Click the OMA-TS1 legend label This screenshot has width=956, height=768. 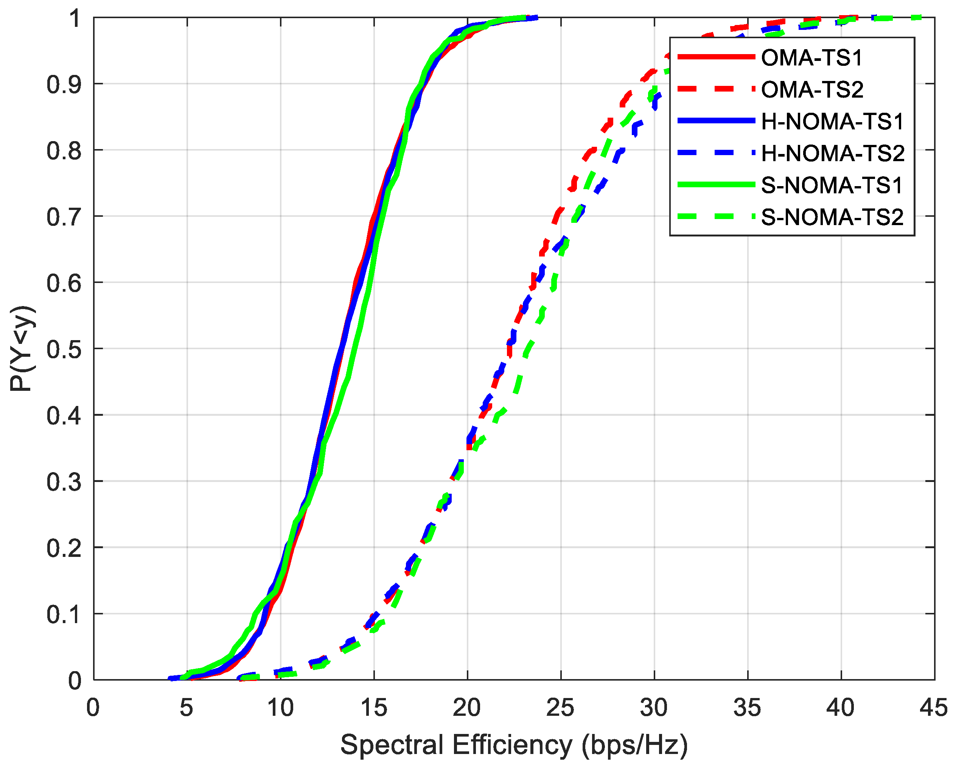tap(812, 58)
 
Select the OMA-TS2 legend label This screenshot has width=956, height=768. tap(812, 90)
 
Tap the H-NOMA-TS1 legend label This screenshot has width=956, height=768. tap(832, 121)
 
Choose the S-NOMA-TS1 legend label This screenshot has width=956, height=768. tap(832, 185)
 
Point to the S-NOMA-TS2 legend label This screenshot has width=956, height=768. tap(832, 217)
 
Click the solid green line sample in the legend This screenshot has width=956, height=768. tap(716, 185)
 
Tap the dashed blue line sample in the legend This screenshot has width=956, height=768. tap(716, 152)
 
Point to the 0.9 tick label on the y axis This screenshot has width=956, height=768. tap(64, 85)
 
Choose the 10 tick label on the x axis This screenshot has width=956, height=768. tap(280, 708)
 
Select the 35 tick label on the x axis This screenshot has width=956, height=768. tap(747, 708)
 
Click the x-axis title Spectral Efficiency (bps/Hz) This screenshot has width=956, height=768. tap(514, 745)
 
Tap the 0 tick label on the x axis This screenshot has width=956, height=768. tap(93, 708)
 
